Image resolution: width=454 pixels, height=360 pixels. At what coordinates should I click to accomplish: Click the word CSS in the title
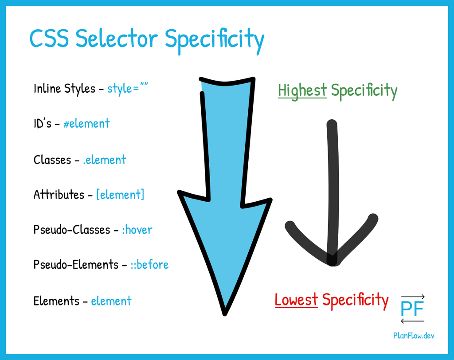click(x=49, y=38)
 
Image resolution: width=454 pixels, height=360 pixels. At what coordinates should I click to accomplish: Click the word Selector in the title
click(x=117, y=38)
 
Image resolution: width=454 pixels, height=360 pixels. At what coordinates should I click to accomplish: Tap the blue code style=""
click(x=128, y=88)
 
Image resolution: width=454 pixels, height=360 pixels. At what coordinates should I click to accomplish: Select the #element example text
click(x=86, y=123)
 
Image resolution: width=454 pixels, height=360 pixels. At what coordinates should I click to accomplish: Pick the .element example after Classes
click(x=105, y=160)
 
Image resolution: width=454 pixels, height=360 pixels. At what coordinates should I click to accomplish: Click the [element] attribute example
click(x=120, y=194)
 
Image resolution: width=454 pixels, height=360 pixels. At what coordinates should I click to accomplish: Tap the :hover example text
click(x=137, y=230)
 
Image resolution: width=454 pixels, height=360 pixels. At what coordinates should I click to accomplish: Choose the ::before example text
click(x=149, y=264)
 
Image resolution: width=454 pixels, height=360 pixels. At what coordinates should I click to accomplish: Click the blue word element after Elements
click(x=111, y=301)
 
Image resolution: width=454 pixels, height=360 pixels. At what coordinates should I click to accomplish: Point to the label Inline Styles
click(x=64, y=89)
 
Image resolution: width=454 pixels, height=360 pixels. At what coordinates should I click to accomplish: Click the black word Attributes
click(x=59, y=194)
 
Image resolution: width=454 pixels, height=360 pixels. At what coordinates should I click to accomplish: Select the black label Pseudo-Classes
click(x=72, y=230)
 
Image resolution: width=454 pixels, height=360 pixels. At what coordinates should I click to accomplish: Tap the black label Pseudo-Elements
click(x=76, y=264)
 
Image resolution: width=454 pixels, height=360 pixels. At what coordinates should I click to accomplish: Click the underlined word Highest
click(x=302, y=90)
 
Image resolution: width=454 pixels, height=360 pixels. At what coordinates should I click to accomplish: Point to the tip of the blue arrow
click(x=225, y=314)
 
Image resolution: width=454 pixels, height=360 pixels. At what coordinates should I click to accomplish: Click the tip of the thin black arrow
click(x=333, y=263)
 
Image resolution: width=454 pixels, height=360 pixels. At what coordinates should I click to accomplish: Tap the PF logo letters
click(x=412, y=309)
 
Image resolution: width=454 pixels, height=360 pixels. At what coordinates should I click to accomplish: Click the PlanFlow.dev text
click(x=414, y=335)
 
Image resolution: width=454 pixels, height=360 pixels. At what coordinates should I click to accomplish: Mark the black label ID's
click(x=43, y=123)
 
